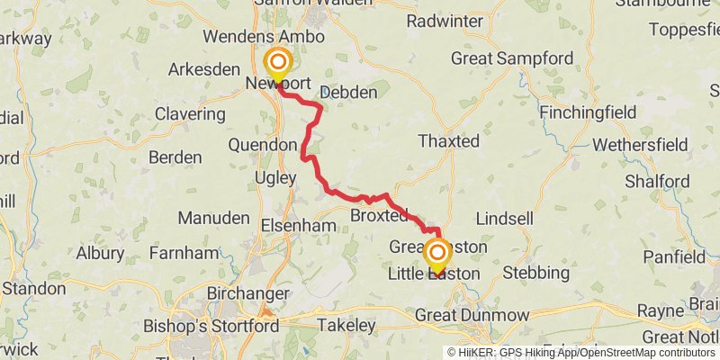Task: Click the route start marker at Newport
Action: (278, 63)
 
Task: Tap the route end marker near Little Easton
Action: (437, 253)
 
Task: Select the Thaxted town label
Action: (449, 141)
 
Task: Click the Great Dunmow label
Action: (472, 316)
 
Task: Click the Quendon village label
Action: (263, 145)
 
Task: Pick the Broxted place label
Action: (379, 216)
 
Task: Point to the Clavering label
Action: (190, 114)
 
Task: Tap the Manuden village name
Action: (213, 218)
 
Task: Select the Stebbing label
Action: (536, 272)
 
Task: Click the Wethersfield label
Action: (641, 145)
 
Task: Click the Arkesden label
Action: (204, 69)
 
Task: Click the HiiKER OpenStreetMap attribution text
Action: (581, 353)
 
